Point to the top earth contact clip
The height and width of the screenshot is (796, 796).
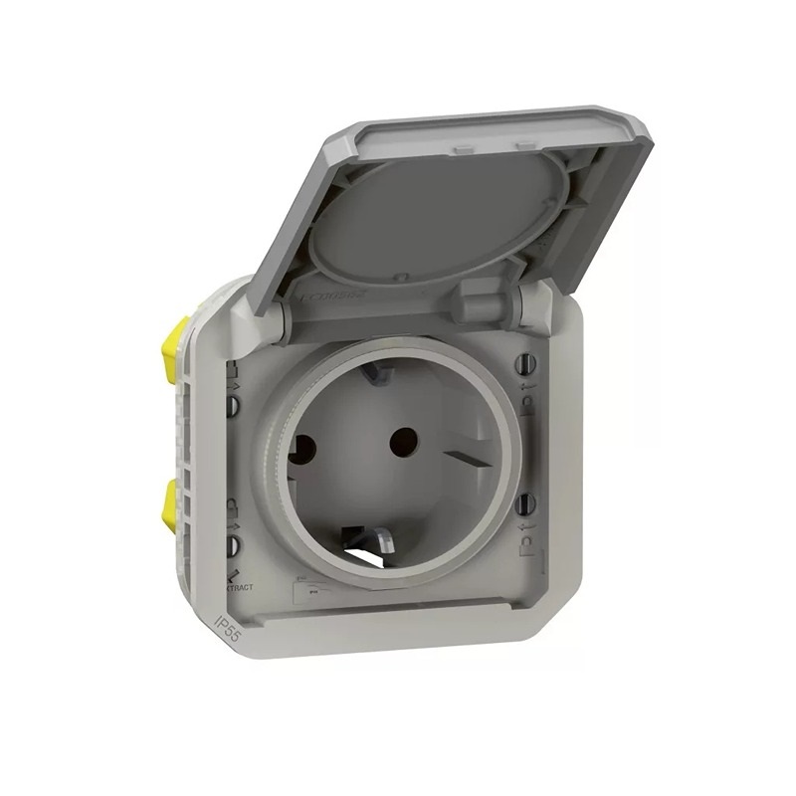377,374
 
